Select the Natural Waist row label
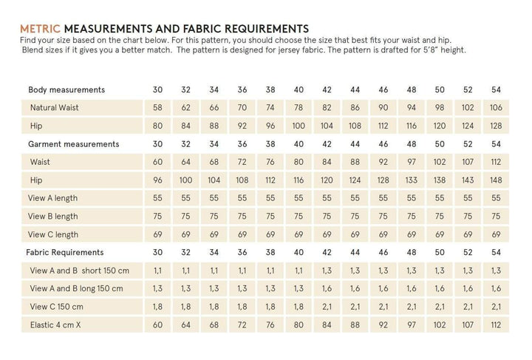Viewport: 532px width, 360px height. [55, 108]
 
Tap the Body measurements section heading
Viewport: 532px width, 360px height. [66, 90]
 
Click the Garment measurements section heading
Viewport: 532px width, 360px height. [74, 144]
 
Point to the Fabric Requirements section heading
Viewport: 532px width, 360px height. [69, 252]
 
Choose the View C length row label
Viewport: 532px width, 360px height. [53, 234]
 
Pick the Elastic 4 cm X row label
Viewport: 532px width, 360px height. [58, 325]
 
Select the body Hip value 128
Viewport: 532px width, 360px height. [496, 126]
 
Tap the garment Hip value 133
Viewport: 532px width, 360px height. [411, 180]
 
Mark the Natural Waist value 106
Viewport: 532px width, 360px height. [496, 108]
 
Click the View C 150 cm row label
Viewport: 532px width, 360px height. [58, 306]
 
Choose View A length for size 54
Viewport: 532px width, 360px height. [496, 198]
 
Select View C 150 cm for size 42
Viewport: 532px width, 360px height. [327, 306]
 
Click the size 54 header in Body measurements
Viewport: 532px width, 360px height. [496, 90]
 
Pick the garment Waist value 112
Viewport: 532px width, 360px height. [496, 162]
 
